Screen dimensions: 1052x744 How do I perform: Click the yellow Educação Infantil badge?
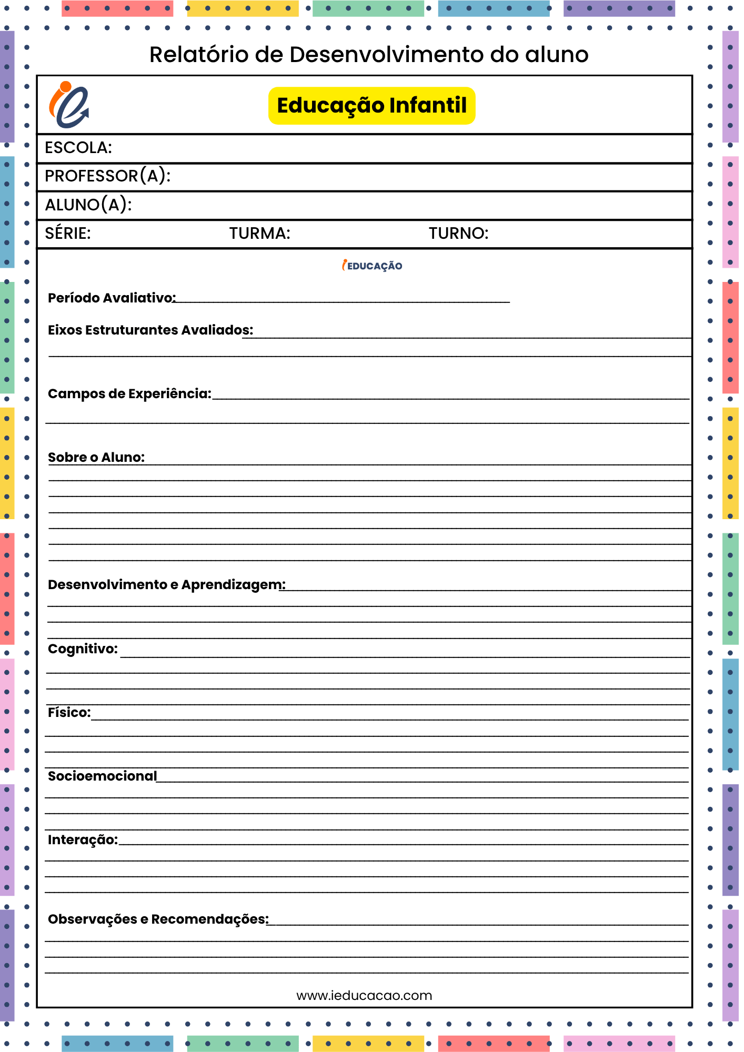[x=371, y=106]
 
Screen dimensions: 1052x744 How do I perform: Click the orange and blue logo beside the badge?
[x=69, y=105]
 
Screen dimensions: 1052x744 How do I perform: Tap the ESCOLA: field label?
[x=78, y=148]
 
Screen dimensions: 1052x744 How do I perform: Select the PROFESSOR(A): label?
[x=108, y=176]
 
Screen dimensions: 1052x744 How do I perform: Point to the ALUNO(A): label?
[x=88, y=205]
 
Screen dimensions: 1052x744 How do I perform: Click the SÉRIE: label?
[x=68, y=233]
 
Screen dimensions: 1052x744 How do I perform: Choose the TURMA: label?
[x=259, y=233]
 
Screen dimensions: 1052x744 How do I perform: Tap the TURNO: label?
[x=458, y=233]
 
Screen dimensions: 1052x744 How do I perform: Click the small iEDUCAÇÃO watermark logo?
[x=372, y=266]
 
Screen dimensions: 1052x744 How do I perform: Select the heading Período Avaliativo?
[x=112, y=298]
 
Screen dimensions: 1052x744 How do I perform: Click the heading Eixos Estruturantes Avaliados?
[x=150, y=330]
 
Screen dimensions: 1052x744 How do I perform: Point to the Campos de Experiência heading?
[x=129, y=394]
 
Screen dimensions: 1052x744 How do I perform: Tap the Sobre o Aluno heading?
[x=96, y=458]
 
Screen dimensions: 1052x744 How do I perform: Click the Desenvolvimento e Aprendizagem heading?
[x=167, y=585]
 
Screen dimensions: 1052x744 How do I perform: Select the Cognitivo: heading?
[x=83, y=649]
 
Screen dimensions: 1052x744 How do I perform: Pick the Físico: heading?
[x=69, y=713]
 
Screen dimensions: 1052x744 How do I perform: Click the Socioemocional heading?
[x=103, y=776]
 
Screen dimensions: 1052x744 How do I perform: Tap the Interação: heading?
[x=83, y=840]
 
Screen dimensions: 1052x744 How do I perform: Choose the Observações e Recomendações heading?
[x=158, y=919]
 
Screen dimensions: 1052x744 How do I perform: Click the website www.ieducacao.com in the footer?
[x=364, y=996]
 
